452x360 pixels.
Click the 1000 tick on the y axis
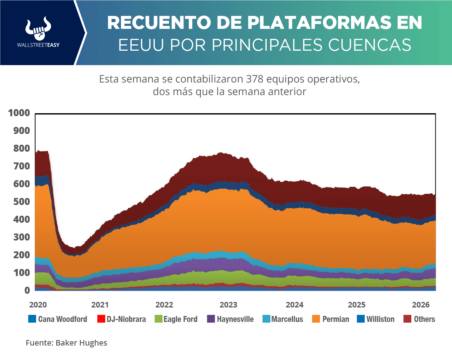pos(18,113)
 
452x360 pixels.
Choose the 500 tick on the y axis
pos(21,202)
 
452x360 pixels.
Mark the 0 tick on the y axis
pos(27,290)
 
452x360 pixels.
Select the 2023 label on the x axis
pos(228,305)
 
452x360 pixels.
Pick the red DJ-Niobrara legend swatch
pos(100,319)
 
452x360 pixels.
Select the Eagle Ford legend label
pos(180,319)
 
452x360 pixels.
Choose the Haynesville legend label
pos(235,319)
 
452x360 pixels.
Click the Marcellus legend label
pos(287,319)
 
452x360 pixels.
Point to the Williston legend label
pos(380,319)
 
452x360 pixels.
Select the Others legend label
pos(424,319)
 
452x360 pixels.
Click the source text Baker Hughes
pos(81,343)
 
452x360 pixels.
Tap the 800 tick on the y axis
pos(21,149)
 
